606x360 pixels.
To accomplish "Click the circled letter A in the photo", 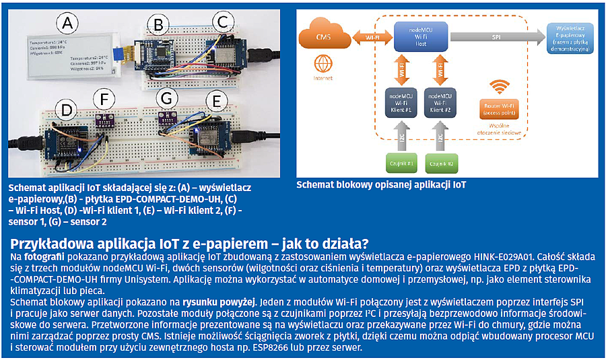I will (66, 25).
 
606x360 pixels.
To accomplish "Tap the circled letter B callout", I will (158, 26).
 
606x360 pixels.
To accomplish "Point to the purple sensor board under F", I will (105, 120).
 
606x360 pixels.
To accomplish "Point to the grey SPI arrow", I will (498, 38).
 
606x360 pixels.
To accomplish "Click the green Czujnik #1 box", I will (402, 163).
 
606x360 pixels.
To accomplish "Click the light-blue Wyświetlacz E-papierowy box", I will (572, 39).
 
